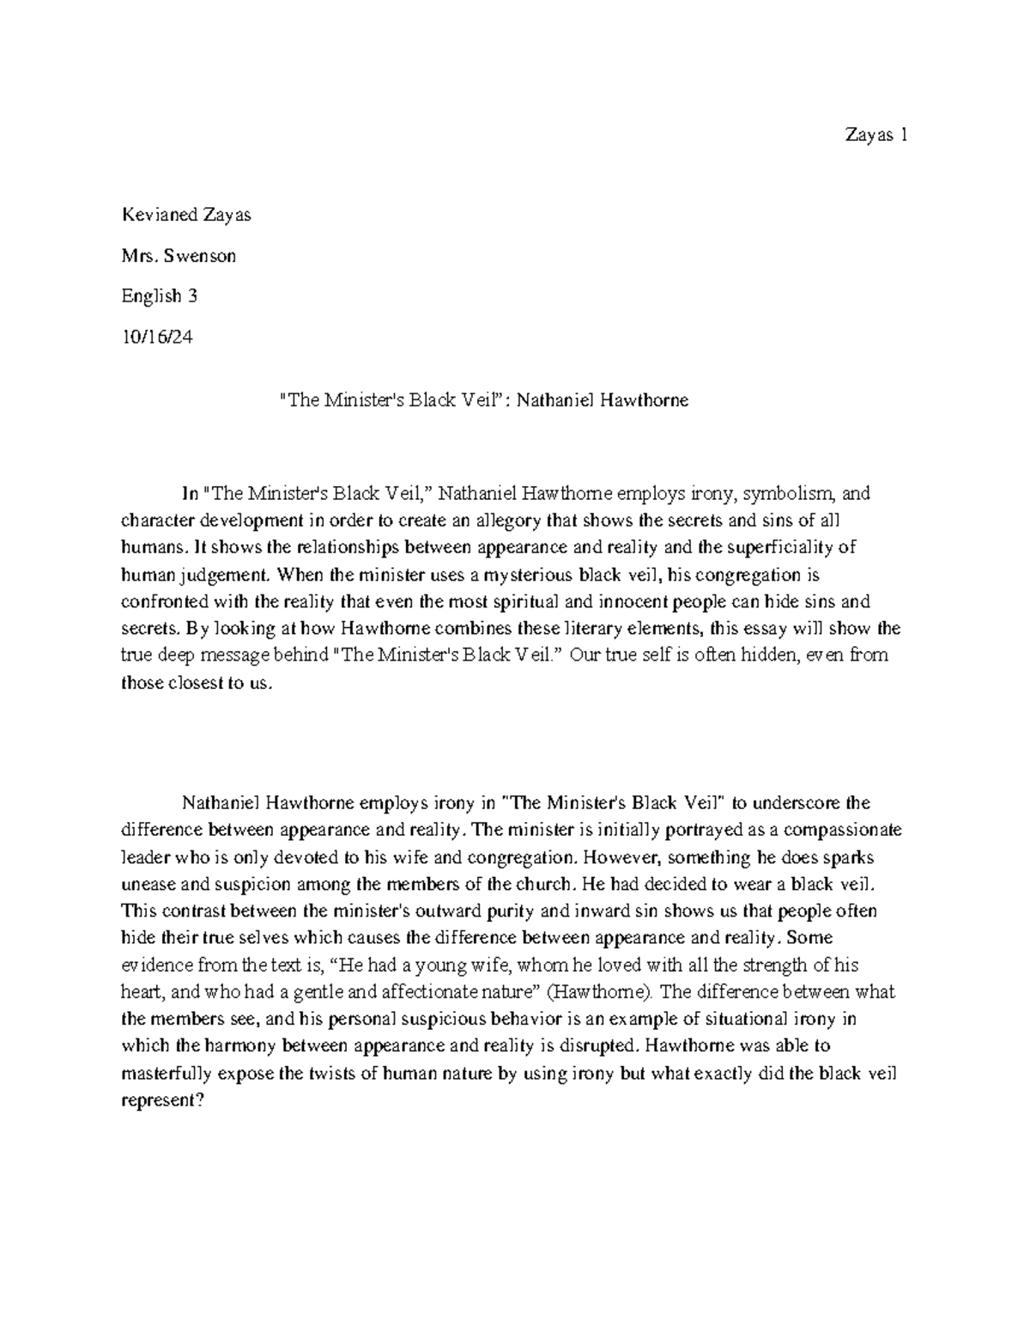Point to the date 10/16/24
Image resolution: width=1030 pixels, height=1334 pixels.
pyautogui.click(x=158, y=337)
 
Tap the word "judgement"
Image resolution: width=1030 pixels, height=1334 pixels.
pyautogui.click(x=230, y=575)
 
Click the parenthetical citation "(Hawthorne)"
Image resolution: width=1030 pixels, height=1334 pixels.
pyautogui.click(x=610, y=992)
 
